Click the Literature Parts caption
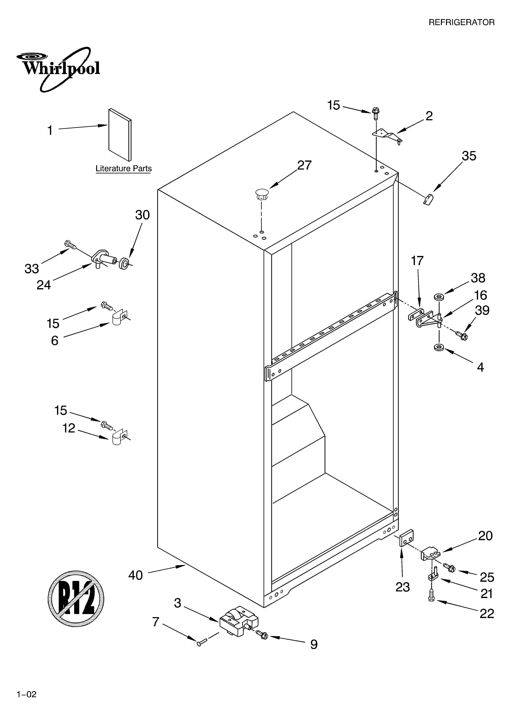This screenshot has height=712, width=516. tap(123, 169)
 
